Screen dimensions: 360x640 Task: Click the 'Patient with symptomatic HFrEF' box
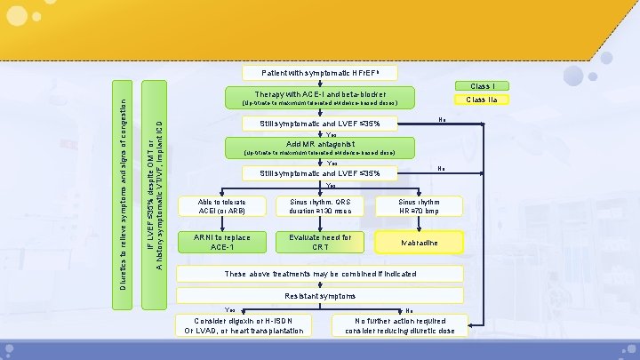tap(319, 72)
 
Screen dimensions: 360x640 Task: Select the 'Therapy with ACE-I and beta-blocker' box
tap(320, 97)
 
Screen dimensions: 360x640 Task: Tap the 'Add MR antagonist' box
tap(320, 147)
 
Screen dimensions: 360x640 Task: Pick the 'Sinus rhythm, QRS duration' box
tap(320, 205)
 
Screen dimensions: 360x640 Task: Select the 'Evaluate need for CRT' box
tap(320, 241)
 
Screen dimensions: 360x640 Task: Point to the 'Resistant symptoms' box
tap(320, 294)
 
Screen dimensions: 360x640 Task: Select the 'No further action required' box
tap(399, 325)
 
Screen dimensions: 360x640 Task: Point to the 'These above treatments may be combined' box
tap(320, 273)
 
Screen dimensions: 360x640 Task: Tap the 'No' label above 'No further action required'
tap(408, 309)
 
